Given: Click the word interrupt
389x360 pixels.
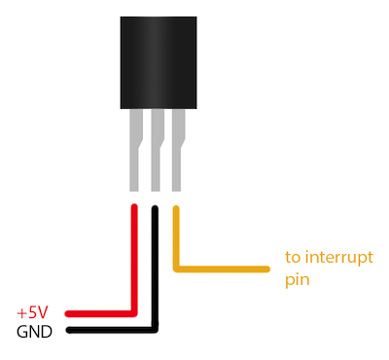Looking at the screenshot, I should (329, 258).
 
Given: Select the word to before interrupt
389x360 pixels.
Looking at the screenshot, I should (292, 258).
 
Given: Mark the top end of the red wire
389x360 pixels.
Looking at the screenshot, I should (133, 207).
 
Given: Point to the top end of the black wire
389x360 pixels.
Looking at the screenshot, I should (155, 207).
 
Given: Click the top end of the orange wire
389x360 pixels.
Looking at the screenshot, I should (176, 207).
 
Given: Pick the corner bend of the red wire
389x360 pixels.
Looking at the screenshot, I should (133, 313).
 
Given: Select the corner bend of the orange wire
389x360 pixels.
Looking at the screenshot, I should (176, 266).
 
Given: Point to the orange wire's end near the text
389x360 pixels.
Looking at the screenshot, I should (265, 266).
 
